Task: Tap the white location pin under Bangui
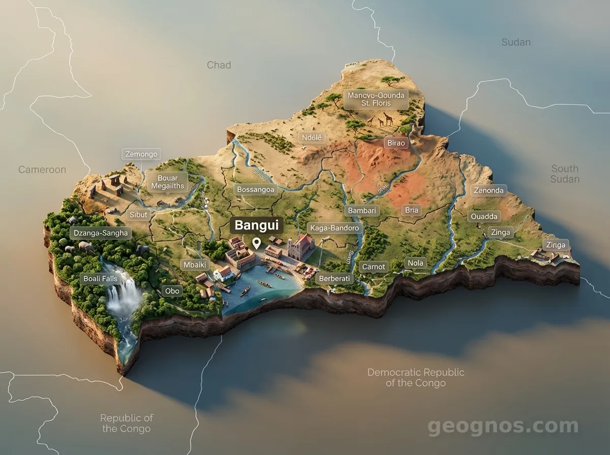(x=257, y=243)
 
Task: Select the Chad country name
(x=219, y=65)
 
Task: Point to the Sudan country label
(x=516, y=42)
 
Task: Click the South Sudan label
(x=565, y=174)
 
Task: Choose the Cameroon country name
(x=42, y=170)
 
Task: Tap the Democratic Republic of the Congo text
(x=416, y=377)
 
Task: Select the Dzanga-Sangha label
(x=101, y=234)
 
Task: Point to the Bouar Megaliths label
(x=167, y=182)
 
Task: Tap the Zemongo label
(x=141, y=154)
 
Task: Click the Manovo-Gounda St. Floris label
(x=376, y=99)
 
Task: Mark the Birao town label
(x=396, y=143)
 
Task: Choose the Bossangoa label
(x=256, y=190)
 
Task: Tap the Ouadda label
(x=484, y=216)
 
